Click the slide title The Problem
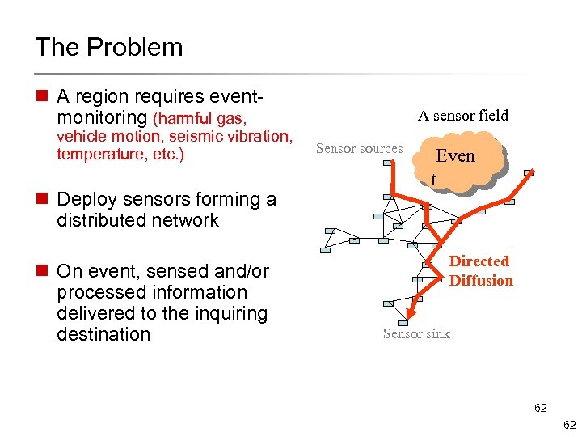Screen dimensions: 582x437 pyautogui.click(x=109, y=47)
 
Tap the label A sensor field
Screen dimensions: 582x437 pyautogui.click(x=462, y=116)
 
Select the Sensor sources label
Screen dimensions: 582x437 pyautogui.click(x=359, y=148)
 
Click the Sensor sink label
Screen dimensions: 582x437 pyautogui.click(x=416, y=333)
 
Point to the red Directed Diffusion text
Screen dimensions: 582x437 pyautogui.click(x=480, y=270)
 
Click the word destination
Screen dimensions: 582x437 pyautogui.click(x=103, y=334)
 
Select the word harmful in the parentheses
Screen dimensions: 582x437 pyautogui.click(x=189, y=120)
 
